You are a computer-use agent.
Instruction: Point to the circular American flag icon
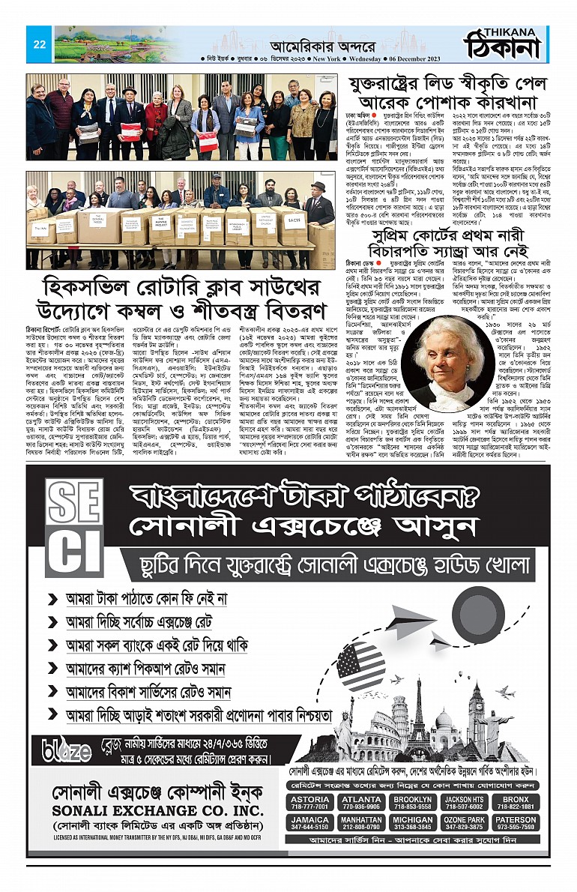pos(360,666)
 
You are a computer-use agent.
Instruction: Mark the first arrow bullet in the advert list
pos(52,600)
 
